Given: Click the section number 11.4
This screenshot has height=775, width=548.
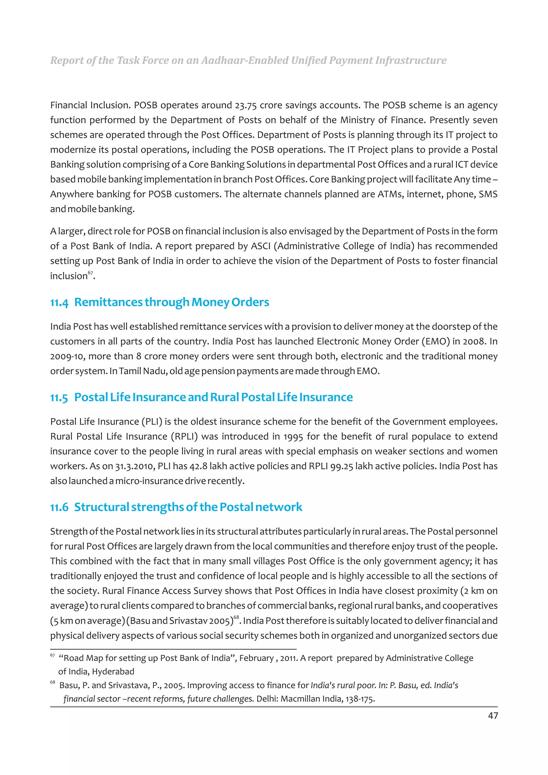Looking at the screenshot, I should [x=59, y=302].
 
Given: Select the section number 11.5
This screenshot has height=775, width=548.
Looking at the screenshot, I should [x=59, y=398].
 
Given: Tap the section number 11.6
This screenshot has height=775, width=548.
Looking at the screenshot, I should [x=59, y=507].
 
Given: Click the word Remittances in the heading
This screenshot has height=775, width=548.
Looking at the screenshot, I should [x=108, y=302].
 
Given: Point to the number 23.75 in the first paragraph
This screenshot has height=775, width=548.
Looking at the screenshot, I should [x=246, y=105].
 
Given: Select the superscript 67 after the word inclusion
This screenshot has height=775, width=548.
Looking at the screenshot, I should [x=90, y=273].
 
